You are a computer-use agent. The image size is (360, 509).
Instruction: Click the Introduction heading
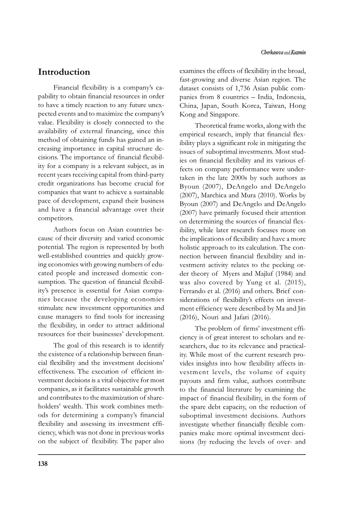click(x=64, y=72)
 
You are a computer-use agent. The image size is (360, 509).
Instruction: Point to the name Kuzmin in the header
click(x=298, y=53)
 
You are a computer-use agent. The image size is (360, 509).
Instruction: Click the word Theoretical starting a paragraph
click(x=212, y=126)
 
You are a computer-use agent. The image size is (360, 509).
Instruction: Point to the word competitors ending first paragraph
click(x=55, y=218)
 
